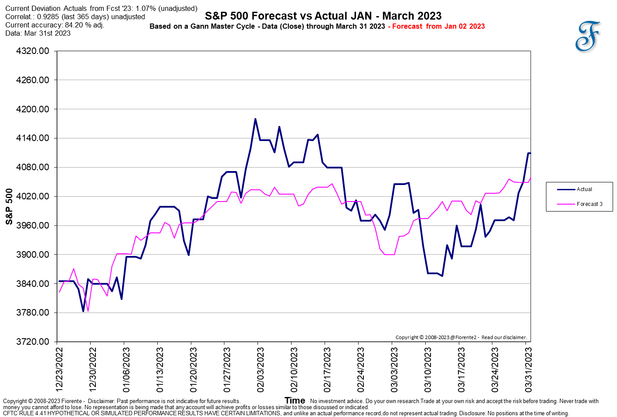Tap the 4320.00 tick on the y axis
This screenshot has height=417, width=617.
33,51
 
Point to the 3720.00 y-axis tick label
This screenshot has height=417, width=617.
33,342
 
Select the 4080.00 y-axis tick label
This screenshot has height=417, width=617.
33,167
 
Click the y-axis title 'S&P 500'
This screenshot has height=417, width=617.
9,206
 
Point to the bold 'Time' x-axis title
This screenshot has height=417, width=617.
295,400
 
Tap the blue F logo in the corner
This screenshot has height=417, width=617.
587,36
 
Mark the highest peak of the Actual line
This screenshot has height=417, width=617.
255,119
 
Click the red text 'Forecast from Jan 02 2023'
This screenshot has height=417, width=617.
438,27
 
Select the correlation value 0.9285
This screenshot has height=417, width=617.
48,17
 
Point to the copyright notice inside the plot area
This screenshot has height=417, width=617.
461,337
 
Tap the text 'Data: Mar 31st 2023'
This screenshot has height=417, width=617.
38,34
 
